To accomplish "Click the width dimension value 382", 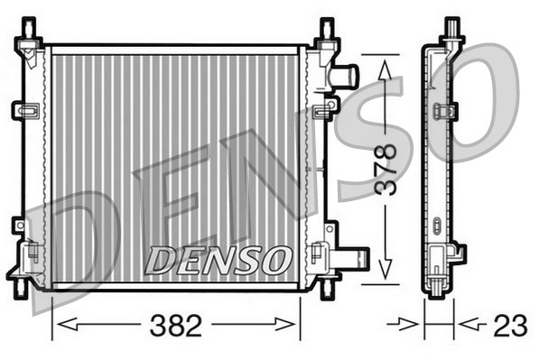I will (x=177, y=326).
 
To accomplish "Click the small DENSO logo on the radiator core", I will (x=219, y=260).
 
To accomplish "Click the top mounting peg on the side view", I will (x=452, y=29).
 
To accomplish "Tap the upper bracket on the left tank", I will (x=25, y=110).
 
